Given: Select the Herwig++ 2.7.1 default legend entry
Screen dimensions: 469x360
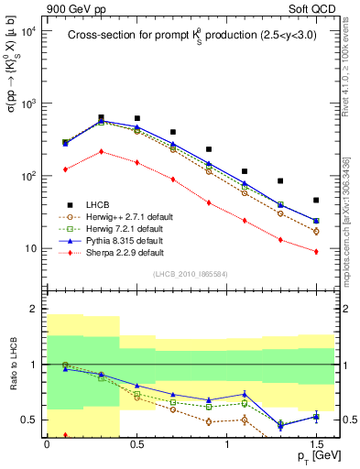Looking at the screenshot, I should [x=117, y=216].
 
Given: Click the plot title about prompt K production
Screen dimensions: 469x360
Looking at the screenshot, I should [x=186, y=36].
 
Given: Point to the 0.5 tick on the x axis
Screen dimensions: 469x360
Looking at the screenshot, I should [x=136, y=442].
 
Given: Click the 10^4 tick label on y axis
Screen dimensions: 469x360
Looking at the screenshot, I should [x=27, y=31].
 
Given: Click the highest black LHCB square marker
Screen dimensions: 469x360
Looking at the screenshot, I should [x=101, y=118].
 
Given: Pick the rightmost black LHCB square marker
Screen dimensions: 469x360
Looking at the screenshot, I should [x=316, y=200].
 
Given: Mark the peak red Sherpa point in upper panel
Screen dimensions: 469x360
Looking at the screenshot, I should [x=101, y=151].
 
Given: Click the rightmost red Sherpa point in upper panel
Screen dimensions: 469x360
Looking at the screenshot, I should [x=316, y=251].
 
